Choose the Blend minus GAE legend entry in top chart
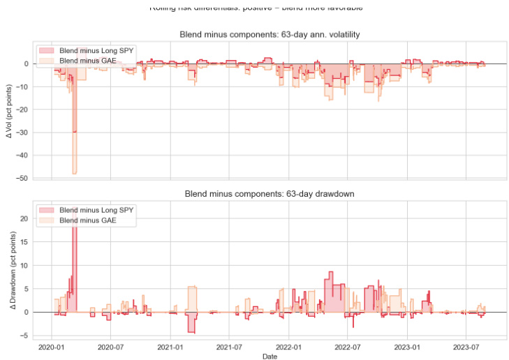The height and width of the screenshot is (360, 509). [x=85, y=61]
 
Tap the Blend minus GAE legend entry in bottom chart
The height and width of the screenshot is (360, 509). [x=85, y=220]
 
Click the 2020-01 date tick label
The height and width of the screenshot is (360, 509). [x=52, y=347]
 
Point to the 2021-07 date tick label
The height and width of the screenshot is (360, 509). [x=230, y=347]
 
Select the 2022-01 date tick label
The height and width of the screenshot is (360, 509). [x=289, y=347]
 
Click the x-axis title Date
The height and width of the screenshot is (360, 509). [x=270, y=356]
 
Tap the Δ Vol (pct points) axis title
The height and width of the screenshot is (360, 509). [x=10, y=112]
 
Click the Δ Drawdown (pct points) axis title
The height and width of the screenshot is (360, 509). [x=10, y=271]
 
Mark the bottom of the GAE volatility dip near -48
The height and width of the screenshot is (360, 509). [x=74, y=173]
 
